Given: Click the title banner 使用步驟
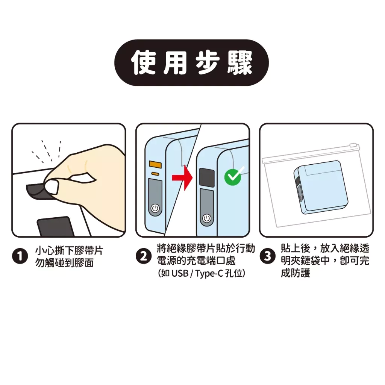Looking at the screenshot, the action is click(191, 63).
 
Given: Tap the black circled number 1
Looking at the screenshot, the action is click(20, 256).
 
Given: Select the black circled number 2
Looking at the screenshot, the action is click(144, 256).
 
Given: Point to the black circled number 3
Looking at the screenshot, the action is click(268, 256).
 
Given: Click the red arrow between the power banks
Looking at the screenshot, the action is click(182, 178).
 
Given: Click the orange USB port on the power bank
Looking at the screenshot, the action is click(155, 165).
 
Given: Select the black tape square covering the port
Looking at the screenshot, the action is click(207, 177).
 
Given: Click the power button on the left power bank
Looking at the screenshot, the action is click(155, 209).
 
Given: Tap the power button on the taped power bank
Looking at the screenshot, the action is click(207, 218).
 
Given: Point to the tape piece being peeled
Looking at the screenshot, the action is click(37, 191).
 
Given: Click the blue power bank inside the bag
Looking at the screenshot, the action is click(317, 186).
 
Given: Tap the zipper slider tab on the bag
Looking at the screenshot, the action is click(353, 145).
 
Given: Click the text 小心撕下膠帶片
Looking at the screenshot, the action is click(69, 251).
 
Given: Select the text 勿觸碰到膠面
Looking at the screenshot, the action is click(64, 263).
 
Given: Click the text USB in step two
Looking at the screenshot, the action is click(180, 273).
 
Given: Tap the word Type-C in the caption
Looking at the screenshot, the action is click(209, 274).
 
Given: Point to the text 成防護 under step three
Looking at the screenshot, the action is click(296, 273).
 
